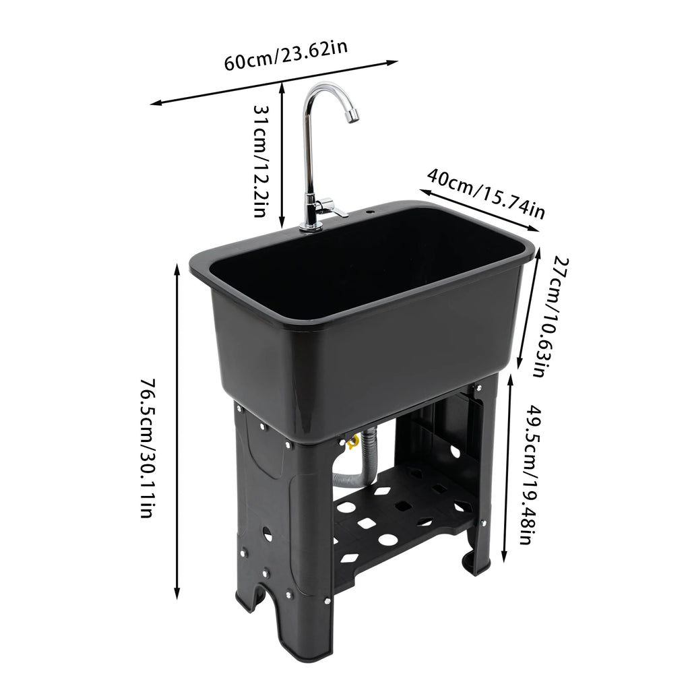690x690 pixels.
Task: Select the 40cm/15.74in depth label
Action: (x=485, y=193)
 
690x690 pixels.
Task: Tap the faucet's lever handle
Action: (x=332, y=206)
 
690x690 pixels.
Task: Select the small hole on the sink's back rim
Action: (x=370, y=213)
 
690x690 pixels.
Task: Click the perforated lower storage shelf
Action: (x=398, y=519)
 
